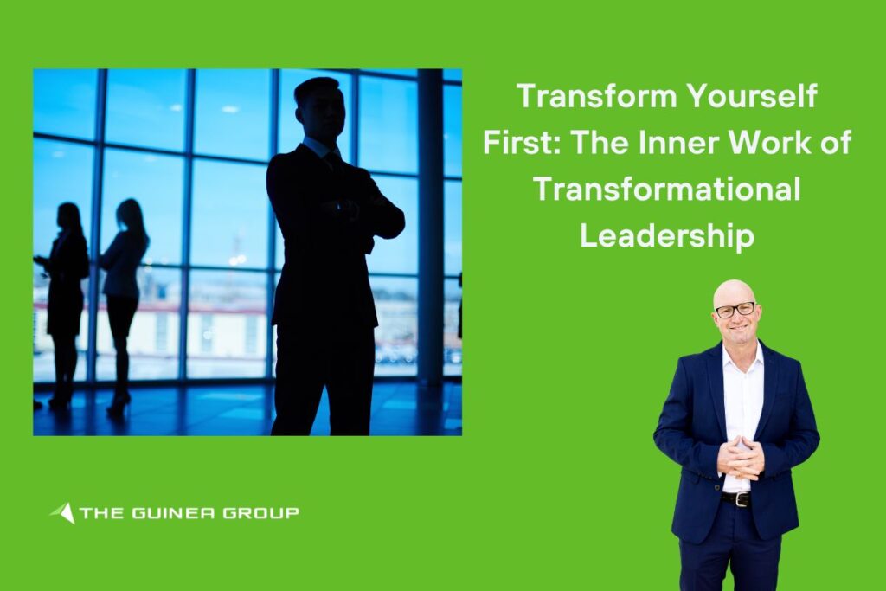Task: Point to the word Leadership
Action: [x=667, y=235]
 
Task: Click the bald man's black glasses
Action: [x=735, y=310]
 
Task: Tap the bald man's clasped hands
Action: [x=741, y=458]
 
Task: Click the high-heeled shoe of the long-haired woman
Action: [x=118, y=405]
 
